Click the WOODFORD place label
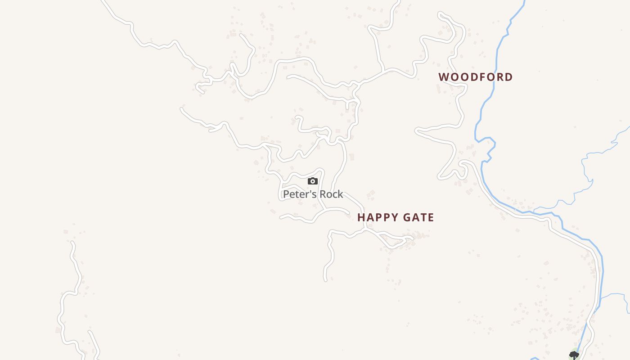tap(476, 77)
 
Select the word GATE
tap(418, 218)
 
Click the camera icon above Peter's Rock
tap(313, 181)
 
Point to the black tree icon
tap(574, 355)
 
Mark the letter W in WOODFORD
tap(444, 77)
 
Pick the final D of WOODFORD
tap(509, 77)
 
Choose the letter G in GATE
tap(406, 218)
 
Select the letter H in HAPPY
tap(361, 218)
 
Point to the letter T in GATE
tap(423, 218)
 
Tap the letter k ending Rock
tap(341, 194)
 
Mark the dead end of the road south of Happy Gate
tap(325, 280)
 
